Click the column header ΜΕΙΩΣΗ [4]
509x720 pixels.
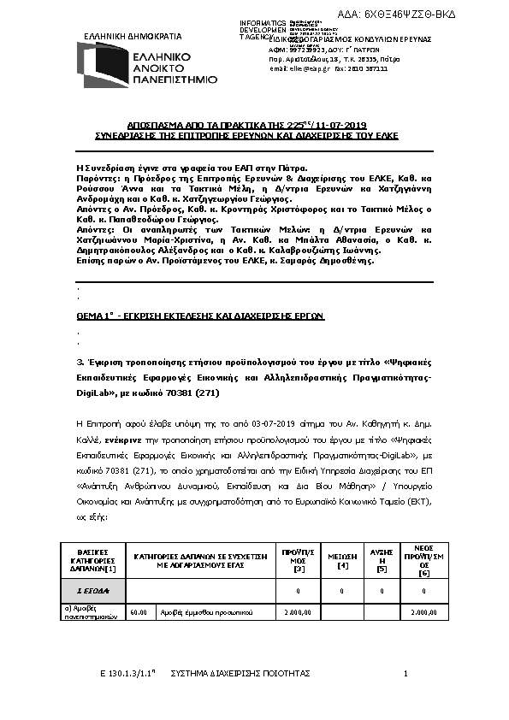point(342,560)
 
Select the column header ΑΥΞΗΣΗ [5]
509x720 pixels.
point(381,560)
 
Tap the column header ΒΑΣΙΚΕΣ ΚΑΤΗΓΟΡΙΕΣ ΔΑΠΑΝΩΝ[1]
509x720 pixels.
point(92,560)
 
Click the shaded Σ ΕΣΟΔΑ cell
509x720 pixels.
point(92,591)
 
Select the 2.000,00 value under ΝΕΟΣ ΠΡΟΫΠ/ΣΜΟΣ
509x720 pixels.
point(423,612)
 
